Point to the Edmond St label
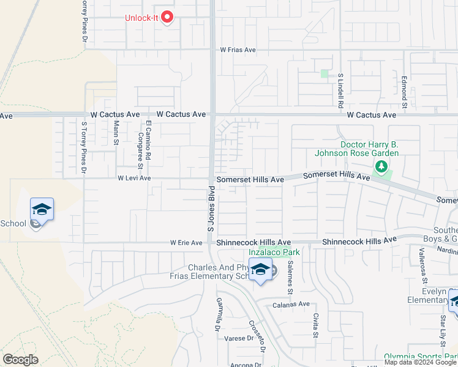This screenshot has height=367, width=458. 405,89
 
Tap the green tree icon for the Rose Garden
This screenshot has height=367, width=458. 381,166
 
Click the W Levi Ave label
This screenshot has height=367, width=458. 134,179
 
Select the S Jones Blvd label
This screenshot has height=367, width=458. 209,210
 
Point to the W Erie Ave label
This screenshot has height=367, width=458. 186,243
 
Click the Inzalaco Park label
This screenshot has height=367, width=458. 274,252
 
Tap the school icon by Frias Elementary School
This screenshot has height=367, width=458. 260,270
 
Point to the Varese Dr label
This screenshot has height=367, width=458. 239,338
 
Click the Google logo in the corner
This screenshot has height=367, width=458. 20,360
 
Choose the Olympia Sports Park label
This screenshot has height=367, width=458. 421,357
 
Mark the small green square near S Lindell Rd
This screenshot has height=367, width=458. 324,73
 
